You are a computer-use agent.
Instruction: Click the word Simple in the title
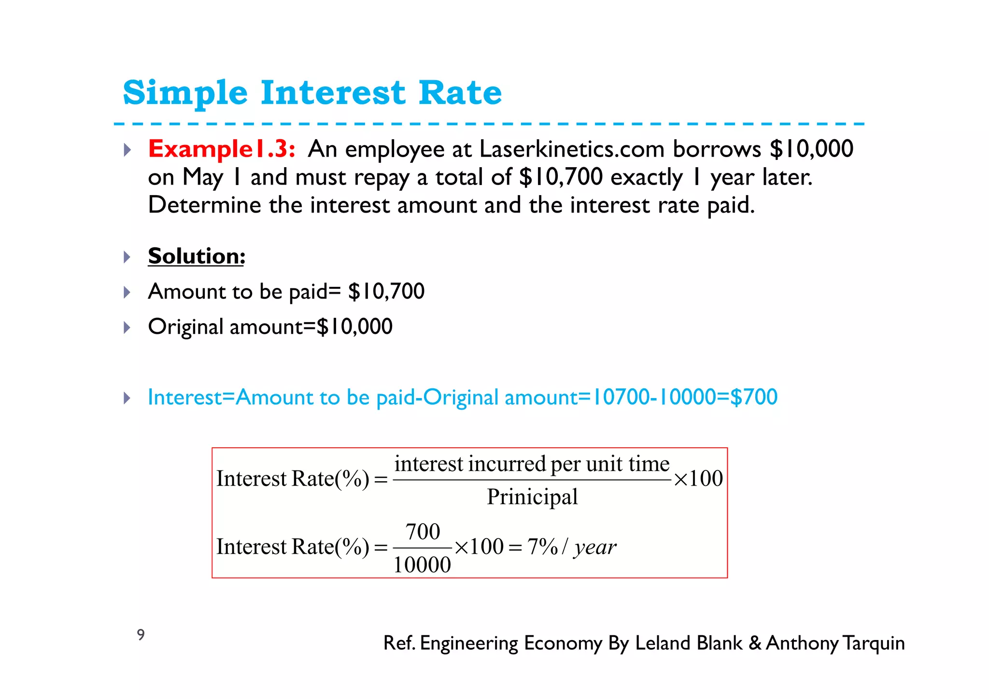coord(185,93)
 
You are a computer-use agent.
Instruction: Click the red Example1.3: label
coord(221,149)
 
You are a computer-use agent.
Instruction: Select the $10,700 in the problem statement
coord(561,177)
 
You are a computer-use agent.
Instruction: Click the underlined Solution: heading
coord(197,256)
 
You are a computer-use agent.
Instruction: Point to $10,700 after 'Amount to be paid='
coord(386,291)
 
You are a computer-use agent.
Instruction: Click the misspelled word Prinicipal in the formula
coord(532,497)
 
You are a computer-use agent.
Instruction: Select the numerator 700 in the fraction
coord(423,532)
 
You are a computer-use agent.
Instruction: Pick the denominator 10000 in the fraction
coord(422,565)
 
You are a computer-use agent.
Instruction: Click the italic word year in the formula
coord(595,547)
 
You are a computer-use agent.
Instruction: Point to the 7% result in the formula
coord(542,547)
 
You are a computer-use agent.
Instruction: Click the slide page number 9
coord(141,634)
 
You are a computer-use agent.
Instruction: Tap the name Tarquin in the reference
coord(874,643)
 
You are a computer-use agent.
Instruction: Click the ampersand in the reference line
coord(755,643)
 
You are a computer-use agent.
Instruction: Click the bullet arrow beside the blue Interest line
coord(127,398)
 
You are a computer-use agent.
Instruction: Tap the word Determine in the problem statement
coord(204,205)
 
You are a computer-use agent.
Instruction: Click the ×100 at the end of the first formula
coord(698,479)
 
